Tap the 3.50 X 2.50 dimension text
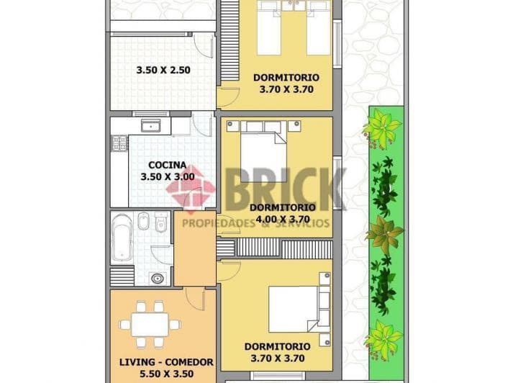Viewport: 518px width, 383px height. (163, 71)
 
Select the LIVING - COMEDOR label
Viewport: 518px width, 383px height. (165, 362)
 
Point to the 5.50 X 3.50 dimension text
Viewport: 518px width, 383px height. (165, 374)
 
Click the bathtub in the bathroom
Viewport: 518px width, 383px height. (122, 238)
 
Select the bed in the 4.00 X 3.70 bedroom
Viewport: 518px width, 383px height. (263, 148)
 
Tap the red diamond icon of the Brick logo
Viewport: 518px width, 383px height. (191, 189)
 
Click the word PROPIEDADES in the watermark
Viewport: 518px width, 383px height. (217, 223)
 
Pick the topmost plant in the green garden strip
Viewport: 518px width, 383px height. (381, 129)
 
